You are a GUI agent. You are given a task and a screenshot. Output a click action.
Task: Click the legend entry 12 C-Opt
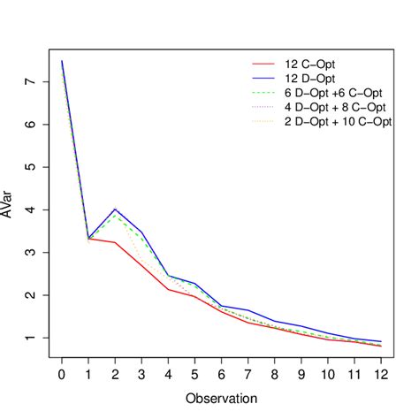[x=315, y=65]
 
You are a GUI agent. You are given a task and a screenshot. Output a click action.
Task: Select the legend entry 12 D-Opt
[x=315, y=79]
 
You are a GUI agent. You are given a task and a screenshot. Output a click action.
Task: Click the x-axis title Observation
[x=221, y=399]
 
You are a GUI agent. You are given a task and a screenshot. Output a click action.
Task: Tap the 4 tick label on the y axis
[x=30, y=209]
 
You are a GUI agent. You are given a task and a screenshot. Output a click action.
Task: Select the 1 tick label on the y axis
[x=30, y=338]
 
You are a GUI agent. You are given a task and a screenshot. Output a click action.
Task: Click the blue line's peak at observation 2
[x=115, y=209]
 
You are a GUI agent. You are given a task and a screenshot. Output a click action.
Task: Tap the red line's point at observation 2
[x=115, y=242]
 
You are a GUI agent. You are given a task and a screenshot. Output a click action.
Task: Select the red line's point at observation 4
[x=168, y=289]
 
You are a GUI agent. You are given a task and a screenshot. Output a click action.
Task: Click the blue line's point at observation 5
[x=194, y=283]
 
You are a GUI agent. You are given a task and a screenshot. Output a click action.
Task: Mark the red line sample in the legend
[x=264, y=65]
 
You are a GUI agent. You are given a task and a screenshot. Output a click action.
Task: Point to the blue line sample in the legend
[x=264, y=79]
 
